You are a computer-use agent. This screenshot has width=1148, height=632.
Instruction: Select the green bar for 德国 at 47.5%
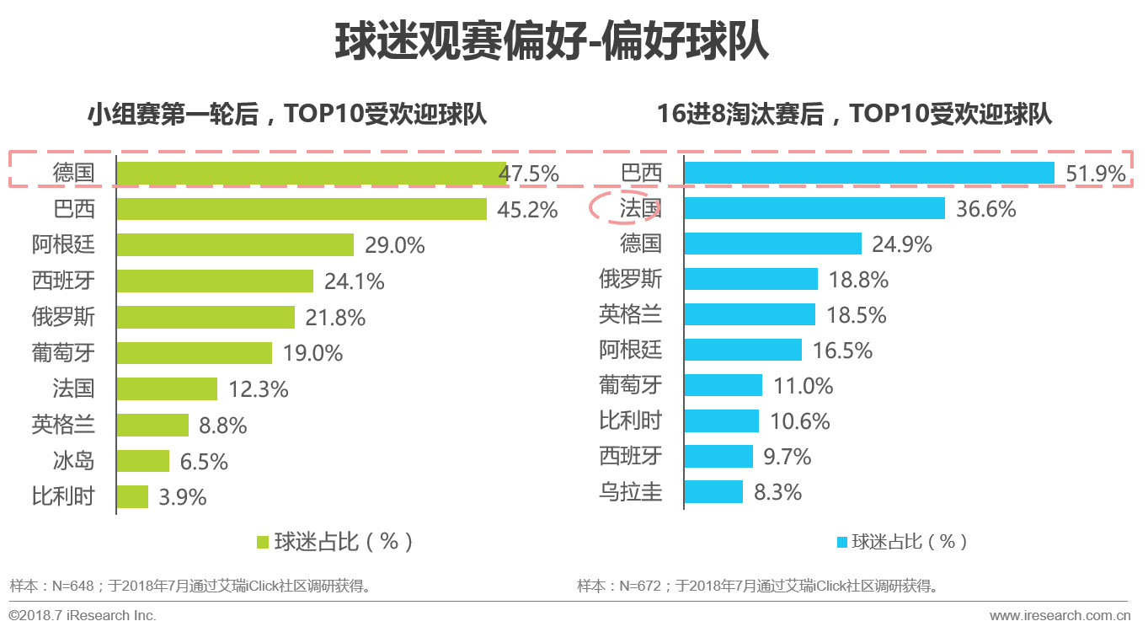[311, 173]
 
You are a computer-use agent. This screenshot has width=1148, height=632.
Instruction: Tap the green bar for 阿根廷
[235, 245]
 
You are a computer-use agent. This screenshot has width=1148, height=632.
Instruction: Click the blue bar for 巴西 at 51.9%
[869, 173]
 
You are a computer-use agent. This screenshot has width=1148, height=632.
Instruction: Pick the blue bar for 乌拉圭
[713, 492]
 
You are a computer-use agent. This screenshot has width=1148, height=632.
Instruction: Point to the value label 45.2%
[527, 210]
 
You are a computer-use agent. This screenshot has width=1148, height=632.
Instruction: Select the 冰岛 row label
[73, 461]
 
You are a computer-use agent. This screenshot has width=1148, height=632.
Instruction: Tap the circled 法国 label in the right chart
[640, 208]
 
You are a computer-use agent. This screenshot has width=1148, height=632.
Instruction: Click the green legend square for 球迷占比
[262, 541]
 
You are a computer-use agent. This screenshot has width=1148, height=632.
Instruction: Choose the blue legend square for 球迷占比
[841, 542]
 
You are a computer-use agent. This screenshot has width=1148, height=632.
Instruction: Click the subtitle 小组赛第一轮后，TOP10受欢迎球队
[287, 114]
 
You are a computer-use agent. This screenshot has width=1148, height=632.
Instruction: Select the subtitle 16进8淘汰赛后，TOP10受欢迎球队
[854, 114]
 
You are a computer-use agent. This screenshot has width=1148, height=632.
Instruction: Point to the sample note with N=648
[190, 586]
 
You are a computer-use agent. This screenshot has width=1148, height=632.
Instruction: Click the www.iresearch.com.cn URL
[1059, 615]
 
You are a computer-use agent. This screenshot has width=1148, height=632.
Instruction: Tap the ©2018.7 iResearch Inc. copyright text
[83, 615]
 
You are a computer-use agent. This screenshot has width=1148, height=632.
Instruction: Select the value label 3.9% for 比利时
[183, 498]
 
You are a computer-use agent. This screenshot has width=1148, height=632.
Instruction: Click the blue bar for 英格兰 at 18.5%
[750, 314]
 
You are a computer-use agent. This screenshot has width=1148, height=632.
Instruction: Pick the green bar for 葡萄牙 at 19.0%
[195, 353]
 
